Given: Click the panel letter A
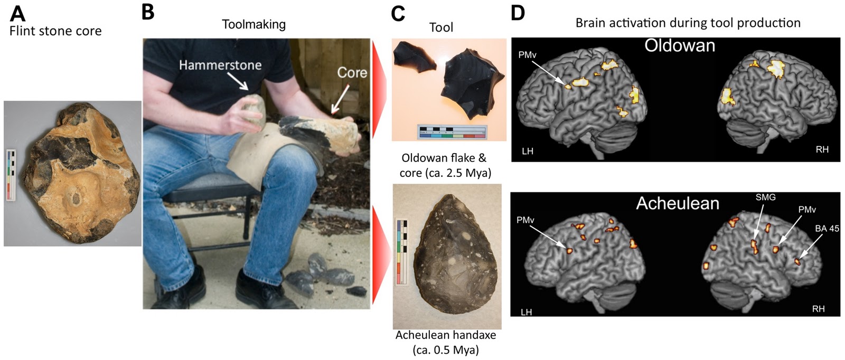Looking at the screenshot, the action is [17, 13].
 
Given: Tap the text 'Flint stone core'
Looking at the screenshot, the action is [55, 31].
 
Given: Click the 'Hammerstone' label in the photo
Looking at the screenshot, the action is [220, 65].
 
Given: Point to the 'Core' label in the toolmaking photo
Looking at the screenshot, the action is [352, 72].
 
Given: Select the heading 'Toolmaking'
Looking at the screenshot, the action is [253, 24].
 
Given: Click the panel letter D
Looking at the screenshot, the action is [518, 13].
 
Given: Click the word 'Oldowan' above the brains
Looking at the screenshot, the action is [680, 46].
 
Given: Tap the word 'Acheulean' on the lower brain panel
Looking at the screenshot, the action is [678, 203].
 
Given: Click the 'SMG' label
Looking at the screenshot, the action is [765, 197].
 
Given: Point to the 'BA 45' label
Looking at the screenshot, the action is [827, 229].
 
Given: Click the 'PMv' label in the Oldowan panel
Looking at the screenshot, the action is [527, 55].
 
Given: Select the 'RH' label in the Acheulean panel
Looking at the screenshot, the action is [818, 309].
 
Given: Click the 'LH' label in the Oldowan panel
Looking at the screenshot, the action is [527, 151].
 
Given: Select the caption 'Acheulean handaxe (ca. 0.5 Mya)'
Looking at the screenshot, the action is [446, 342].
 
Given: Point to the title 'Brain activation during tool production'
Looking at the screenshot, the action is [688, 23].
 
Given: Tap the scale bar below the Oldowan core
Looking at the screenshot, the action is [452, 132].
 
